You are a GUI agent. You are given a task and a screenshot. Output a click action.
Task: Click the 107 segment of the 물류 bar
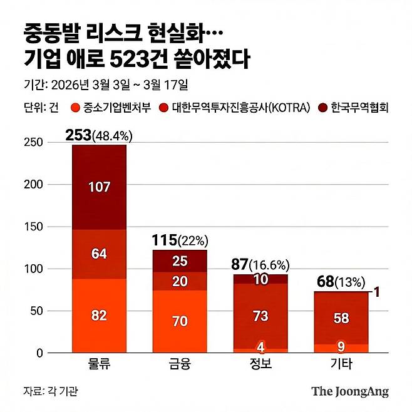[x=99, y=187]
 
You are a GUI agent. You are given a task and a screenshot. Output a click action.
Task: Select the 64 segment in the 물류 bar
[x=99, y=254]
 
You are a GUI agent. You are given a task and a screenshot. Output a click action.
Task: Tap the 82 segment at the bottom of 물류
[x=99, y=316]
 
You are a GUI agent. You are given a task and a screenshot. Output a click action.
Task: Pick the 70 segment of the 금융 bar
[x=180, y=322]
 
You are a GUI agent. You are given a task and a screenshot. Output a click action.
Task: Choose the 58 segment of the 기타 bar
[x=342, y=318]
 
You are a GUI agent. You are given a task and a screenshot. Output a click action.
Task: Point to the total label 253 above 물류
[x=78, y=135]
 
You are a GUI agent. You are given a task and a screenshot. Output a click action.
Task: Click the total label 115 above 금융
[x=164, y=240]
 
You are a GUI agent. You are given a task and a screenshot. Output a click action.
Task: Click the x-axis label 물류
[x=99, y=364]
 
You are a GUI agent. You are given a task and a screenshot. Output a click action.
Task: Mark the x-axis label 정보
[x=261, y=364]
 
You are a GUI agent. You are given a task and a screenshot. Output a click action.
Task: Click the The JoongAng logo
[x=350, y=391]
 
